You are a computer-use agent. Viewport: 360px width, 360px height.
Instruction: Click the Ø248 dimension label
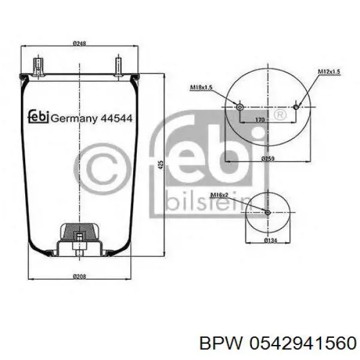click(79, 43)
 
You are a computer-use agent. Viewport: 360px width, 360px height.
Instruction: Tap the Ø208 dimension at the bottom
click(79, 277)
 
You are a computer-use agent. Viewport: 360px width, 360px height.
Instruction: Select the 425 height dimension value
click(161, 165)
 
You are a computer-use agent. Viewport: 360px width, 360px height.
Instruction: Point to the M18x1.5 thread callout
click(202, 88)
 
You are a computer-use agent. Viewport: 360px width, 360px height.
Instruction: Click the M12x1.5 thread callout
click(329, 71)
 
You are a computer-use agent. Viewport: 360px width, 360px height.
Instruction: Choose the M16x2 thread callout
click(219, 195)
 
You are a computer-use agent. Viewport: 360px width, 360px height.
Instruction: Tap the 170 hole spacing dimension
click(260, 119)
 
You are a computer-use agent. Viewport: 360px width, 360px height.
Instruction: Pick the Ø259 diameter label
click(268, 158)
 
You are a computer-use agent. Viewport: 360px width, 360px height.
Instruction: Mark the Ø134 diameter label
click(271, 241)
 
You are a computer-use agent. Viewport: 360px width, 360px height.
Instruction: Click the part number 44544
click(116, 118)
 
